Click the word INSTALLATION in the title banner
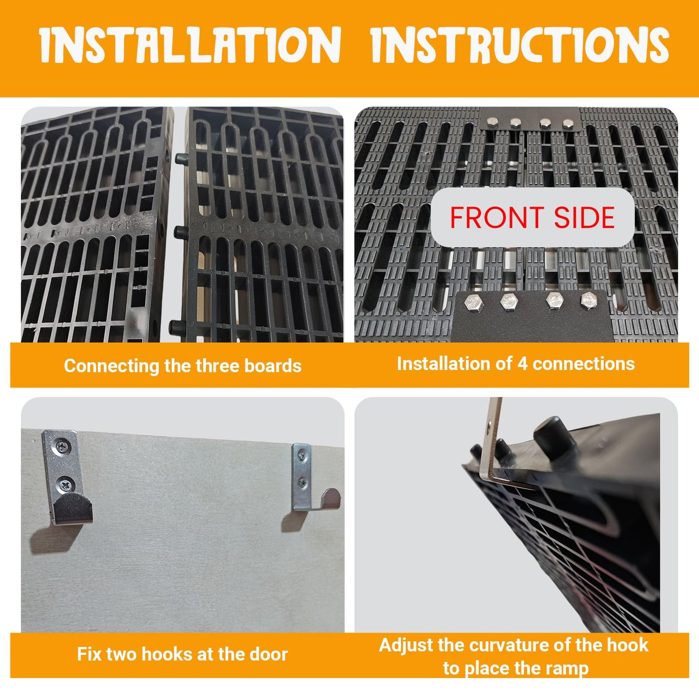point(190,45)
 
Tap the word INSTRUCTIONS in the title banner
point(520,45)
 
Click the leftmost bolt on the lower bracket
point(474,301)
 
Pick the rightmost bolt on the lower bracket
point(589,301)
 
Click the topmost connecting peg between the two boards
point(181,159)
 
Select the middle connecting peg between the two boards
point(181,232)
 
